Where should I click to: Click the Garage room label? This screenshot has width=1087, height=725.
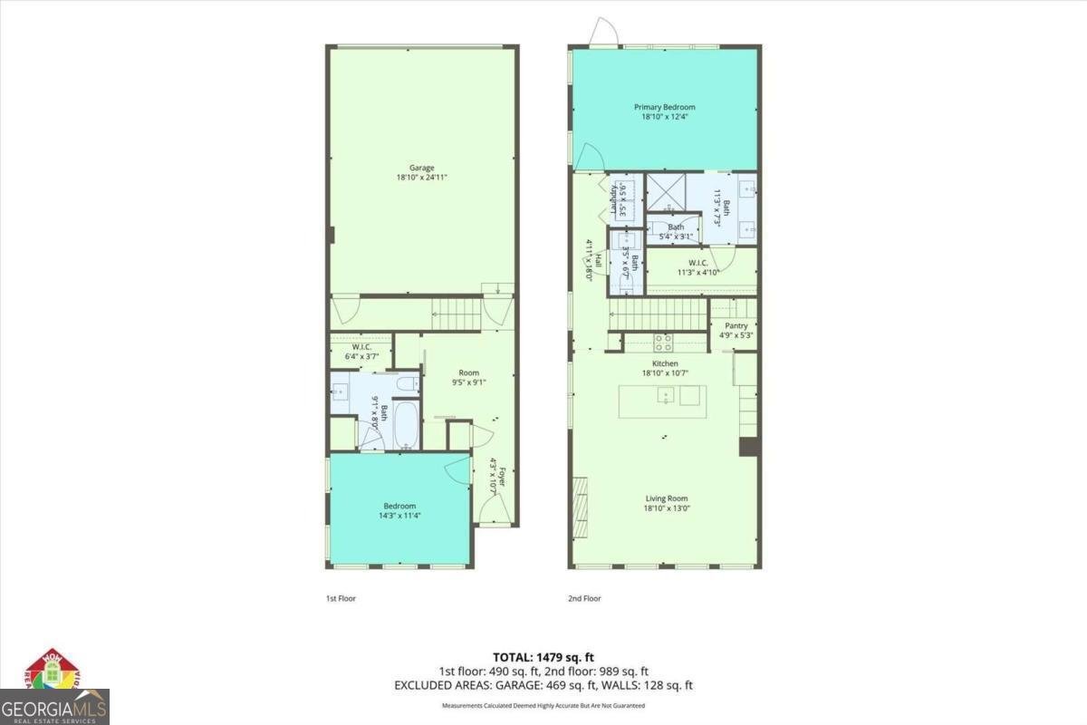pyautogui.click(x=421, y=168)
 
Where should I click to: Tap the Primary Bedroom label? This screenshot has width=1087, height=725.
pyautogui.click(x=664, y=107)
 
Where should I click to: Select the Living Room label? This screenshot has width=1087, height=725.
pyautogui.click(x=667, y=498)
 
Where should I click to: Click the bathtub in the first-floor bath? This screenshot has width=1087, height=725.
pyautogui.click(x=407, y=427)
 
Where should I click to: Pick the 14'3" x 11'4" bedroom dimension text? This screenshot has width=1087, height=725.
pyautogui.click(x=399, y=516)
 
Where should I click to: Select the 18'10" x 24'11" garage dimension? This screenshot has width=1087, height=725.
pyautogui.click(x=421, y=179)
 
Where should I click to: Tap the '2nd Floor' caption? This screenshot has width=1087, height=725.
pyautogui.click(x=585, y=598)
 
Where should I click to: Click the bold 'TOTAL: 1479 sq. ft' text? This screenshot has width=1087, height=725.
pyautogui.click(x=543, y=657)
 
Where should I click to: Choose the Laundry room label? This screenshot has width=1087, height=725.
pyautogui.click(x=613, y=198)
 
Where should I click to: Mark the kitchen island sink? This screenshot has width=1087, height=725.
pyautogui.click(x=666, y=396)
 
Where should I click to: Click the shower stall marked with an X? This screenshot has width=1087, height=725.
pyautogui.click(x=665, y=192)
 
